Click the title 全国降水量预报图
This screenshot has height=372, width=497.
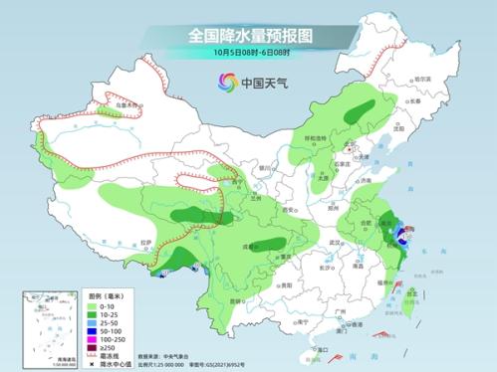pos(248,34)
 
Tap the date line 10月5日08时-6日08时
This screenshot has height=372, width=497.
pos(248,52)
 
